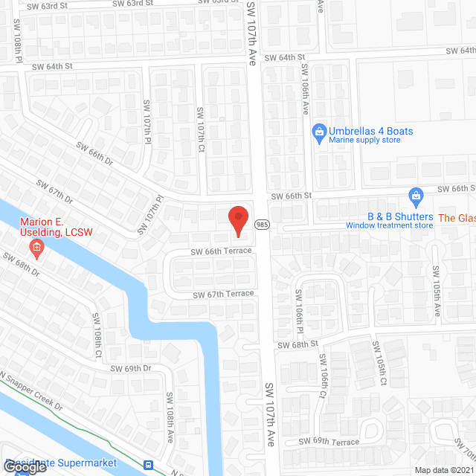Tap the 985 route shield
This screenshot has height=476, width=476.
click(262, 224)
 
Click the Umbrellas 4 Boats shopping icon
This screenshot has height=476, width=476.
click(319, 132)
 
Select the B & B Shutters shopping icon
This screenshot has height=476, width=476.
click(416, 197)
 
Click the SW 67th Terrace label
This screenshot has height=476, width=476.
click(223, 294)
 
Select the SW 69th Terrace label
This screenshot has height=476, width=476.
click(329, 441)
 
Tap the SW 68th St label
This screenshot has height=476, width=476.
click(297, 344)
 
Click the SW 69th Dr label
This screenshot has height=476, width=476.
click(131, 368)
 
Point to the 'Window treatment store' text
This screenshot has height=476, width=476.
click(389, 225)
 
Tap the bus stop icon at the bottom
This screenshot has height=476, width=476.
click(149, 466)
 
